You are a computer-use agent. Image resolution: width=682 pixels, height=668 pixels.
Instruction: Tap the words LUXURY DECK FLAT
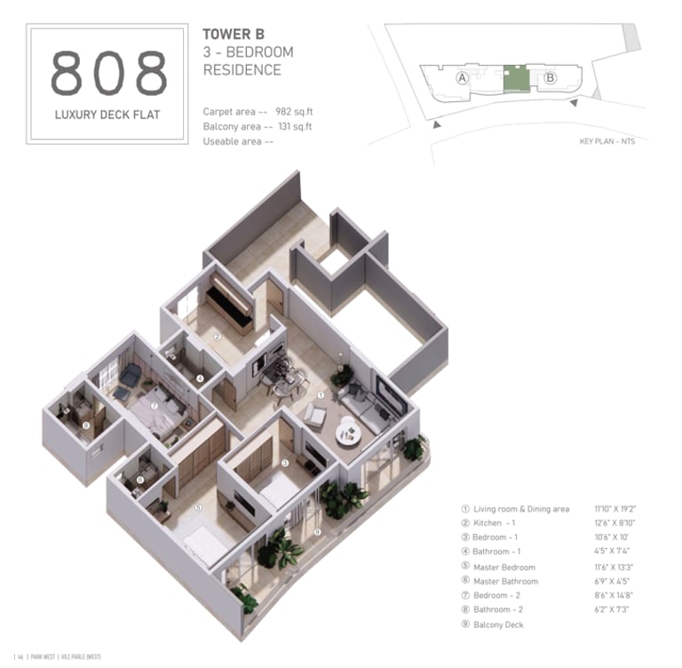[107, 115]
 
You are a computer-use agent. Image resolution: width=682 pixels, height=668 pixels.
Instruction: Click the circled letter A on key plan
[462, 78]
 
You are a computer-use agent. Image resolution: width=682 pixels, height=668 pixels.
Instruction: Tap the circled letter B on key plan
[550, 78]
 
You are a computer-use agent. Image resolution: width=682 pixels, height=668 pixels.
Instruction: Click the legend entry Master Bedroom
[504, 567]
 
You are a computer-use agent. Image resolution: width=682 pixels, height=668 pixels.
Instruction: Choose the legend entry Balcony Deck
[498, 624]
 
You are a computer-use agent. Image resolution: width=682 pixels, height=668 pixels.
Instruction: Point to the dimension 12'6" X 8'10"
[615, 523]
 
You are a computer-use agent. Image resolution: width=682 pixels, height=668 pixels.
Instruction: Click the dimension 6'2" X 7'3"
[613, 609]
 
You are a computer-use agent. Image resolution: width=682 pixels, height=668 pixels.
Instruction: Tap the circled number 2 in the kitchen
[218, 337]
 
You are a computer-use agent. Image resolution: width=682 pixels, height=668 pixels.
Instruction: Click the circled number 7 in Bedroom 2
[155, 407]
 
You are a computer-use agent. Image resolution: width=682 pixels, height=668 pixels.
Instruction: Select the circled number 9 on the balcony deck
[318, 532]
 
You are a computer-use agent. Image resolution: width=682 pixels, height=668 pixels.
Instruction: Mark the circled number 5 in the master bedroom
[198, 507]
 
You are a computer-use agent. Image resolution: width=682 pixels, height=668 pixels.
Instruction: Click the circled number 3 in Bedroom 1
[285, 463]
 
